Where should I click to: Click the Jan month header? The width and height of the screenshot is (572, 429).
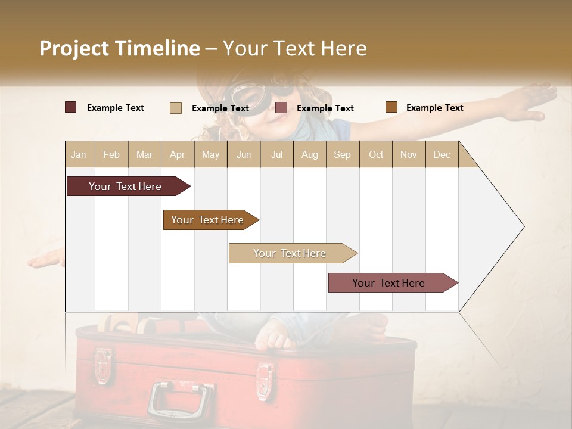[79, 154]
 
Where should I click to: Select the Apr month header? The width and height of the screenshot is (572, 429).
[177, 154]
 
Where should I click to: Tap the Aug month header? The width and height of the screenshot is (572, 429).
[309, 154]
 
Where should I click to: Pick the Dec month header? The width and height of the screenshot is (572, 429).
[442, 154]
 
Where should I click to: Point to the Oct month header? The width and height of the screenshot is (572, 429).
[376, 154]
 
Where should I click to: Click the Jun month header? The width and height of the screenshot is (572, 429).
[244, 154]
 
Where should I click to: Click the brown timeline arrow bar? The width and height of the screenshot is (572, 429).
[209, 220]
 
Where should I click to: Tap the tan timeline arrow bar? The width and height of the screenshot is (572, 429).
[290, 253]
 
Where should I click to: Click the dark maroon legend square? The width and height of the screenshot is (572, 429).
[71, 107]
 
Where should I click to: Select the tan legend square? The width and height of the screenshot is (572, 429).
[176, 108]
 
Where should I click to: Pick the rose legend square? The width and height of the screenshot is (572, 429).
[281, 108]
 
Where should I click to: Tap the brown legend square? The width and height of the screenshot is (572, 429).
[391, 107]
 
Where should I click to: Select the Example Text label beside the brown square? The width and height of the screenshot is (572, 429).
[434, 108]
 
